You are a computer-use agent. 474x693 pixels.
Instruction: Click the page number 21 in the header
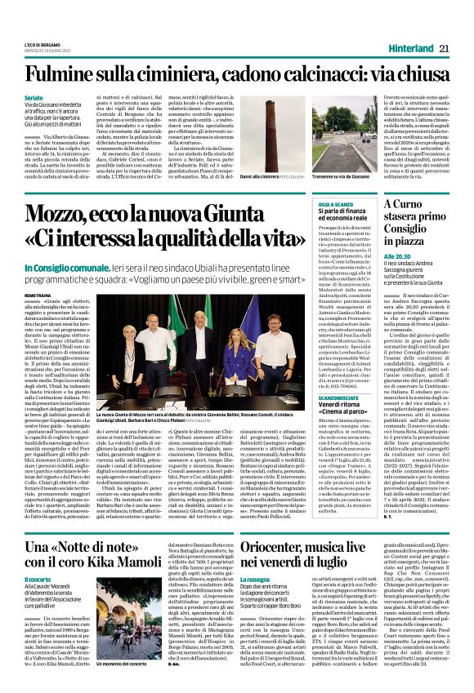[445, 48]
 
